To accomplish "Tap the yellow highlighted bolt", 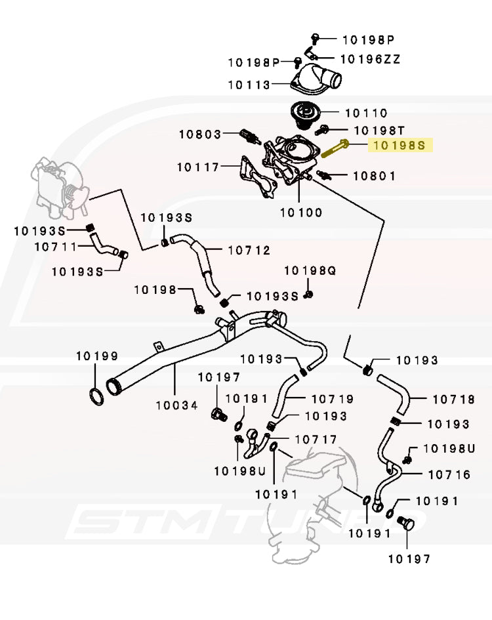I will [334, 149].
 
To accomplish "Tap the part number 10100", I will [301, 212].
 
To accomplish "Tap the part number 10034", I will [176, 405].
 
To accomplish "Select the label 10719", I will [332, 398].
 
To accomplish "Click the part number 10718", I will [453, 398].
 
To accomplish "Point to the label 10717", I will [316, 439].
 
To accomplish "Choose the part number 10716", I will [449, 474].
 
